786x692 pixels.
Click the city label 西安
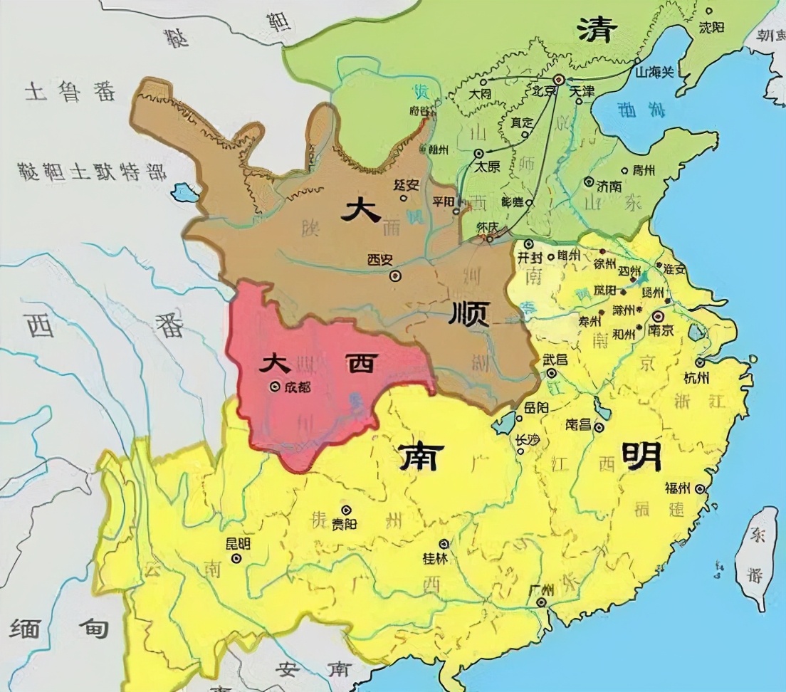[379, 260]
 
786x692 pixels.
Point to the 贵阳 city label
[345, 524]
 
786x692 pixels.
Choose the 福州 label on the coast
[677, 488]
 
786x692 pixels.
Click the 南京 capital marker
[659, 315]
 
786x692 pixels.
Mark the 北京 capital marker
[559, 80]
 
